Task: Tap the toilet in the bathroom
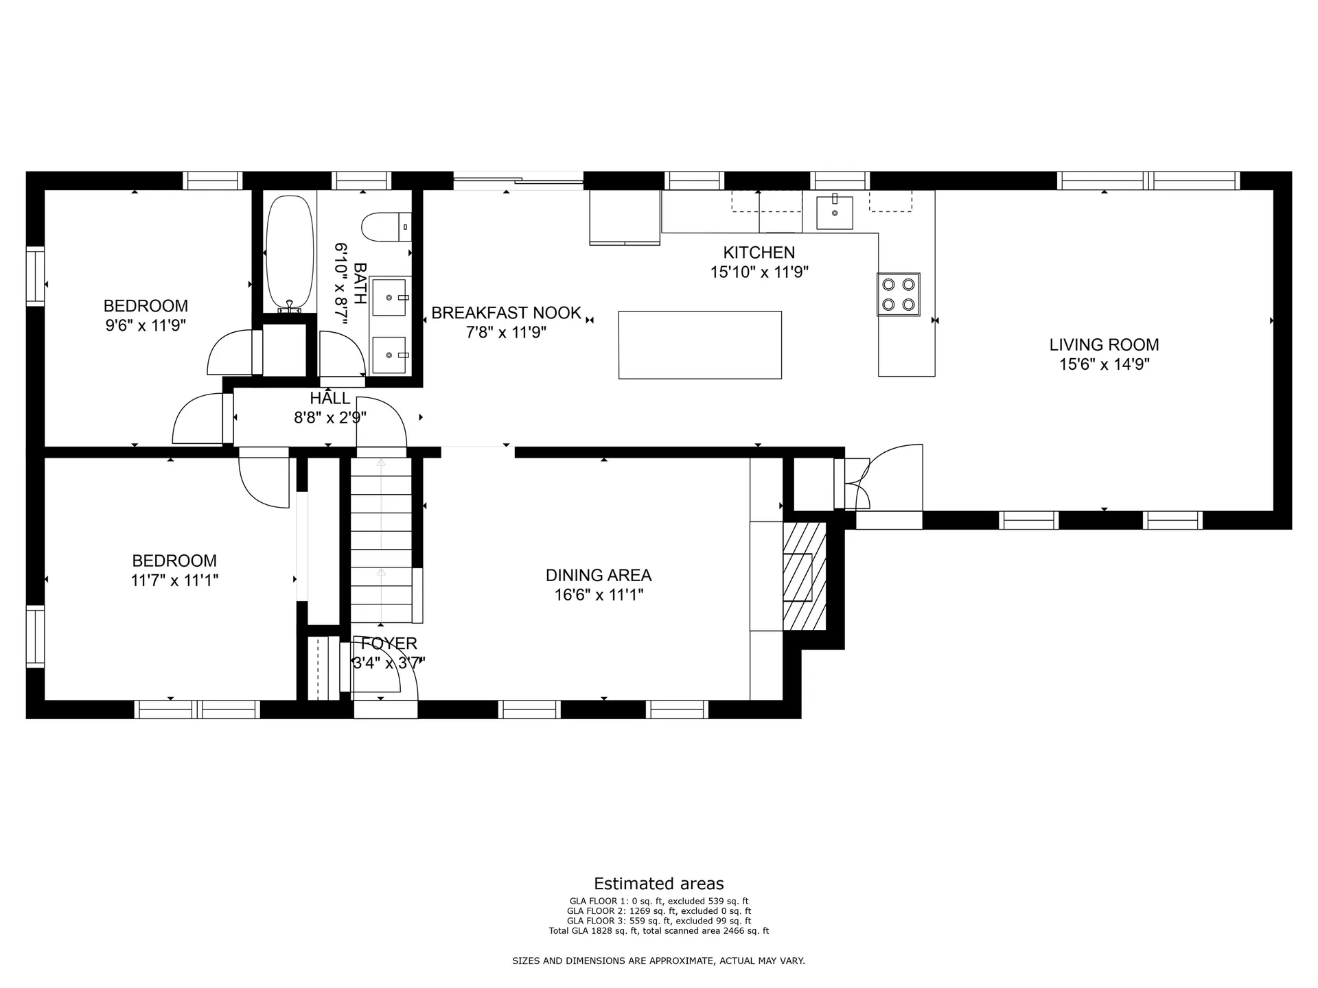(x=386, y=226)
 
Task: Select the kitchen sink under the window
(x=835, y=212)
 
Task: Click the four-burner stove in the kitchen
(x=899, y=294)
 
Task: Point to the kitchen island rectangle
(x=700, y=345)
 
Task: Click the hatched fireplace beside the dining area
(x=805, y=576)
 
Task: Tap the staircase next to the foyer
(x=382, y=540)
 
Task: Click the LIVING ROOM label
(x=1104, y=344)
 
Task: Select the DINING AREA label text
(x=599, y=575)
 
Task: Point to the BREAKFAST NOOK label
(x=507, y=313)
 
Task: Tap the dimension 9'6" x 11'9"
(x=146, y=325)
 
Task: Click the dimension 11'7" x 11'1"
(x=174, y=580)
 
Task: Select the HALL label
(x=330, y=398)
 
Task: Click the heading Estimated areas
(x=659, y=884)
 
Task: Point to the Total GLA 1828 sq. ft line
(x=659, y=931)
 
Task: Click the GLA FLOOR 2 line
(x=659, y=911)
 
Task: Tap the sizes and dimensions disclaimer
(x=659, y=961)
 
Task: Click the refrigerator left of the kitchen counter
(x=625, y=217)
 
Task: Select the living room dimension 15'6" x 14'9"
(x=1104, y=364)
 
